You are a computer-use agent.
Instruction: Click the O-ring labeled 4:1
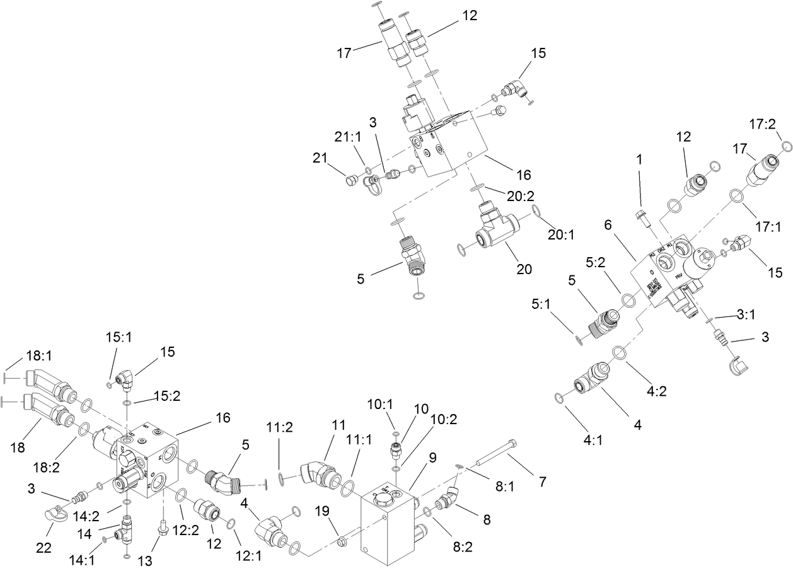559,396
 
